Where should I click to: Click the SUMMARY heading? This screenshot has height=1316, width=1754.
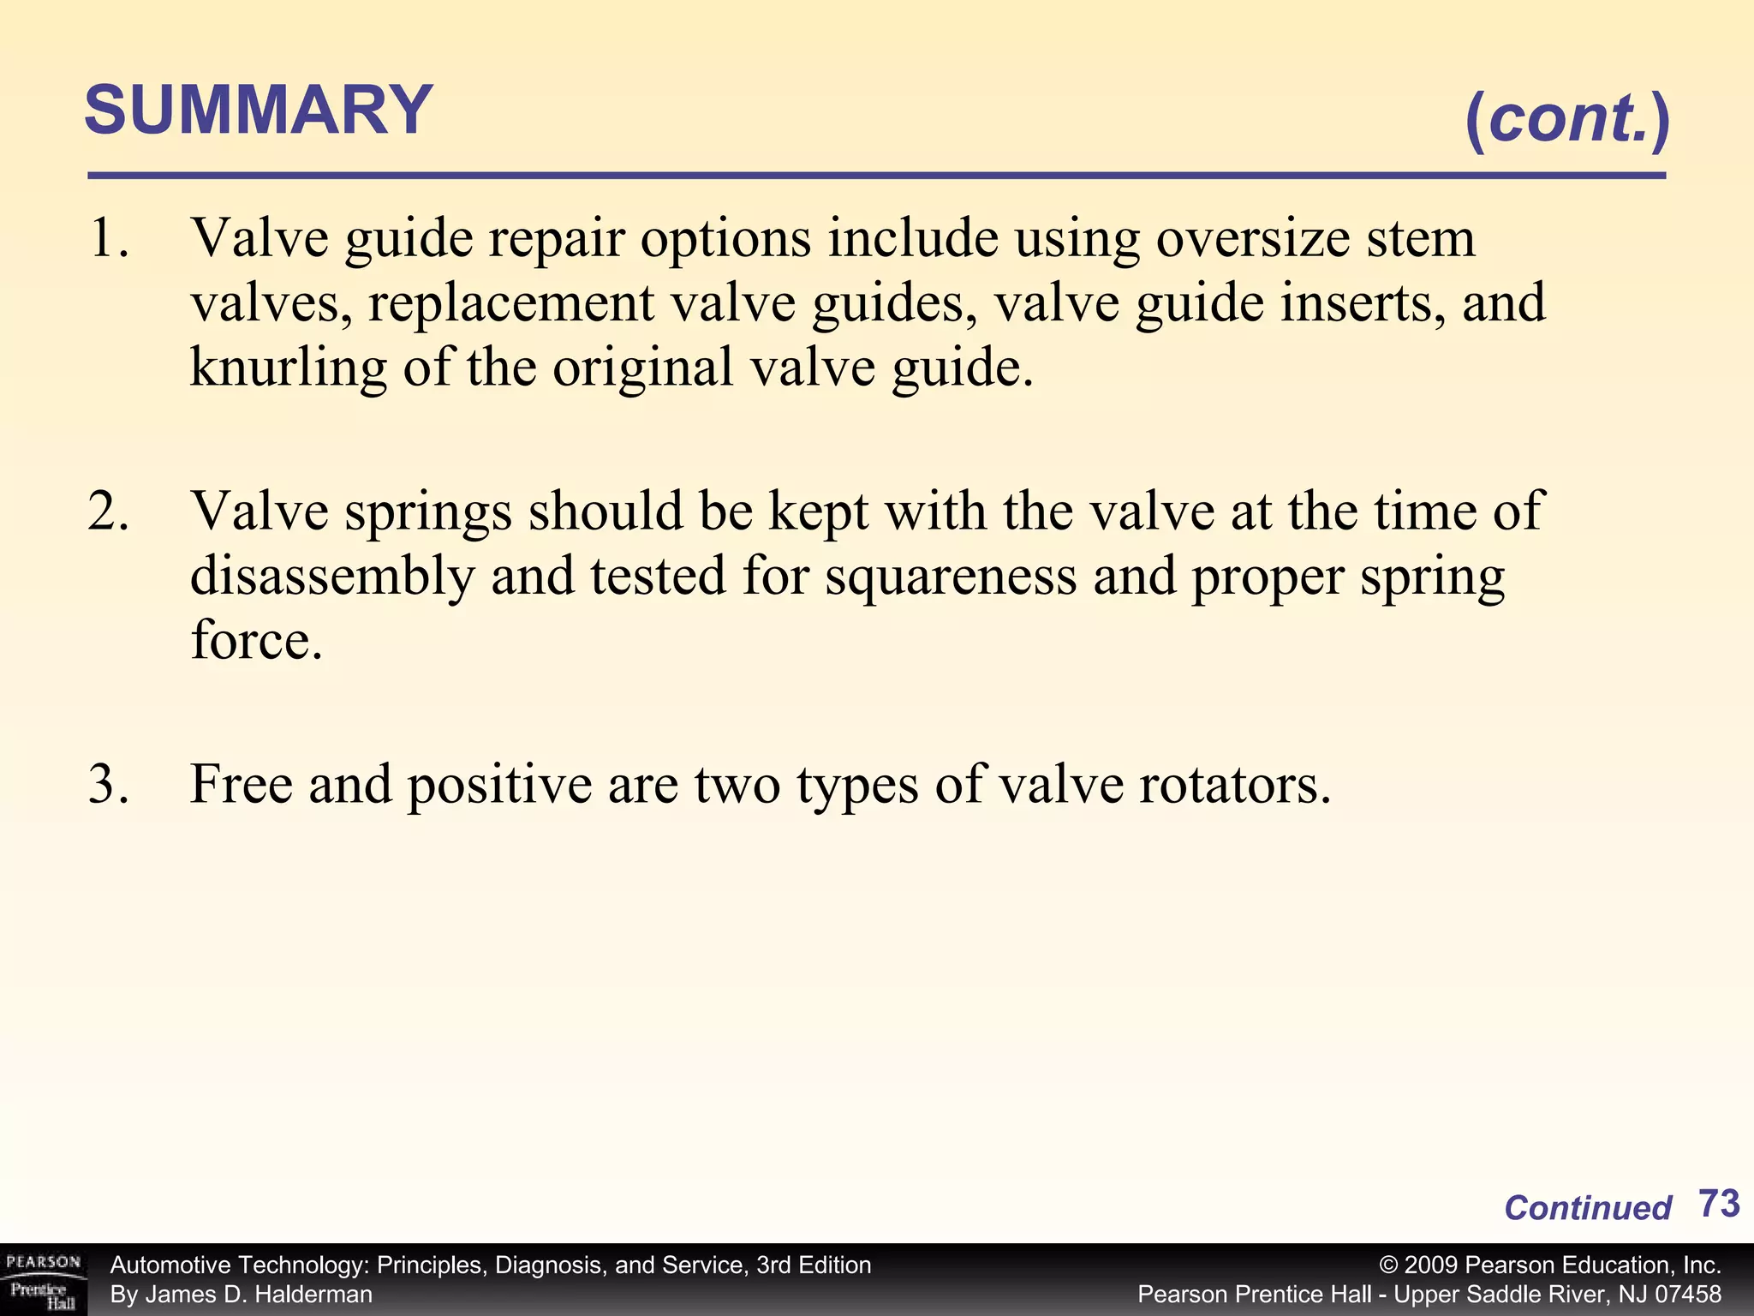coord(259,111)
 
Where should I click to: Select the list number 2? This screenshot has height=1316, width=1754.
coord(109,511)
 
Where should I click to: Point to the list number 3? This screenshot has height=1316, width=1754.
coord(109,784)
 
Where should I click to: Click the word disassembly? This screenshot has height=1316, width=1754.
coord(331,576)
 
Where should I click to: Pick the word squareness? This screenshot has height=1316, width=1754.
coord(951,576)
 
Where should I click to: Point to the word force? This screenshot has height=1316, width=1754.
coord(255,640)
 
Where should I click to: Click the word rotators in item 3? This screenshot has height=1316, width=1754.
coord(1234,784)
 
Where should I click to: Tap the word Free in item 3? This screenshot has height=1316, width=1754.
coord(241,784)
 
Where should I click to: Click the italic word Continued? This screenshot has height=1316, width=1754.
coord(1587,1208)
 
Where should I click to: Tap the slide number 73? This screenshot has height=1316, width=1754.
coord(1718,1204)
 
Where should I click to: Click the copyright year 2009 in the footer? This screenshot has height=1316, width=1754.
coord(1430,1265)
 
